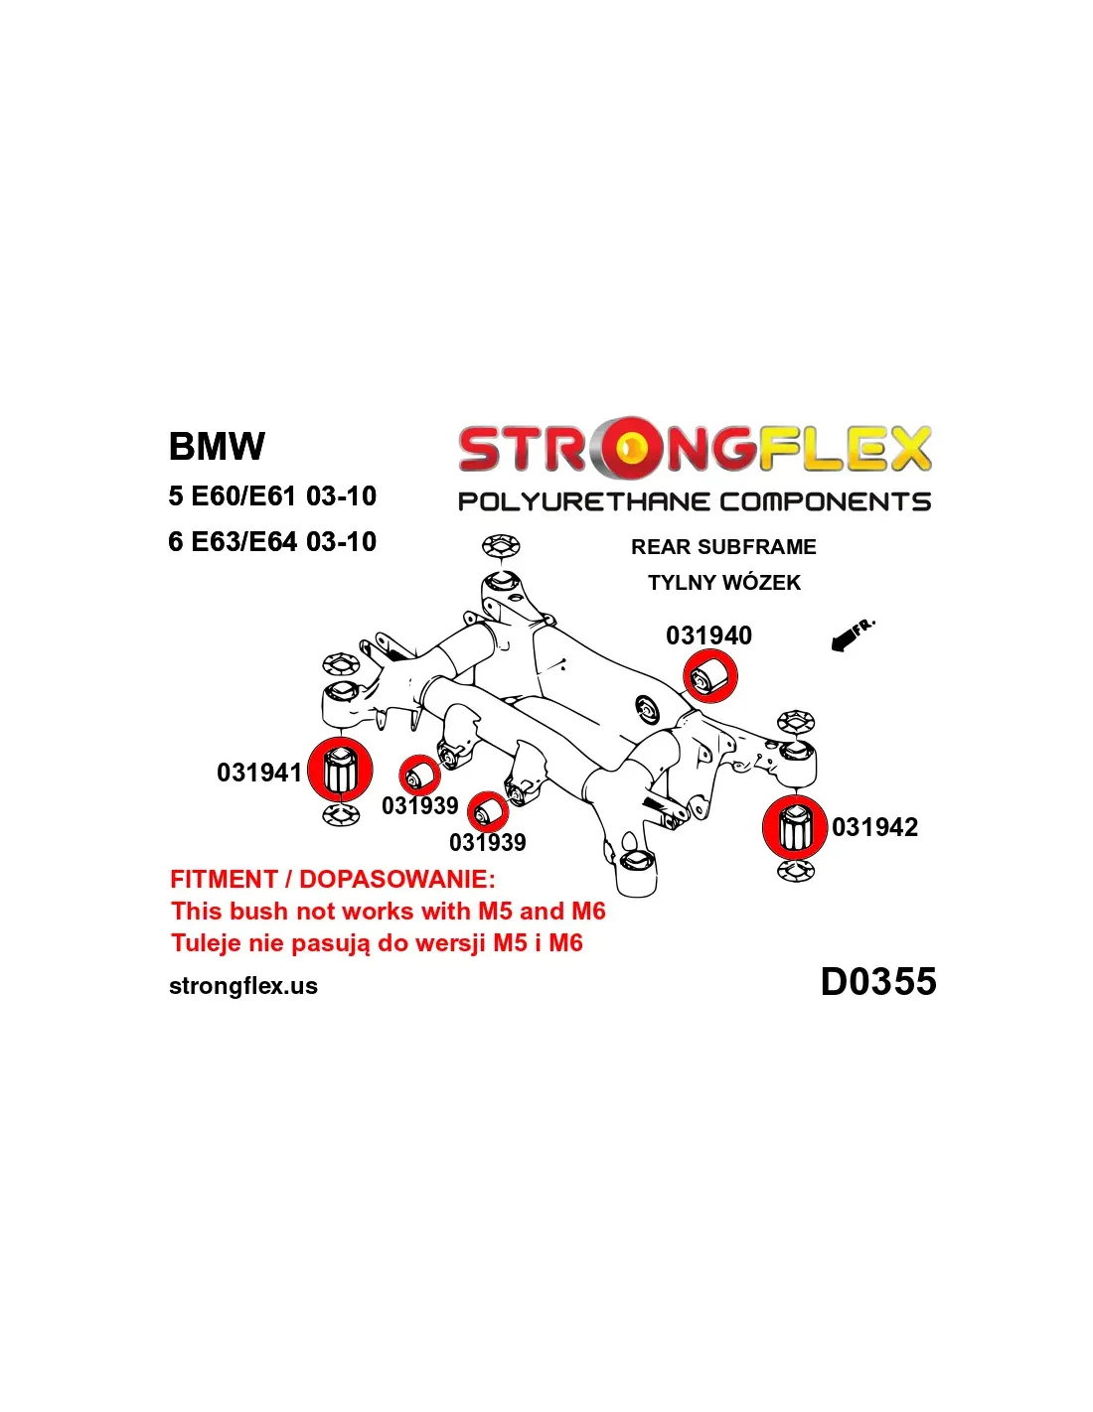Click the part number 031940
pos(708,635)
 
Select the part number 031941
pos(258,773)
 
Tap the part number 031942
pos(874,827)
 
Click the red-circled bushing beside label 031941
pos(340,770)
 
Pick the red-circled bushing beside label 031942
pos(794,827)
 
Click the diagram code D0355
pos(877,981)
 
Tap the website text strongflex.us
pos(243,986)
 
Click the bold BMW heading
pos(217,446)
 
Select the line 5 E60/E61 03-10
pos(272,495)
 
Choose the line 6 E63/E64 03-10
pos(272,541)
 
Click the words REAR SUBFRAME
pos(723,547)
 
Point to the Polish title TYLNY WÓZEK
pos(723,583)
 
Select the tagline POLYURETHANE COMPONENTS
pos(694,501)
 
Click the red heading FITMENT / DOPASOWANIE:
pos(332,879)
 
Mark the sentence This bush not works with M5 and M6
pos(388,911)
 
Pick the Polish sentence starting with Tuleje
pos(377,942)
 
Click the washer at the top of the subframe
pos(502,545)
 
